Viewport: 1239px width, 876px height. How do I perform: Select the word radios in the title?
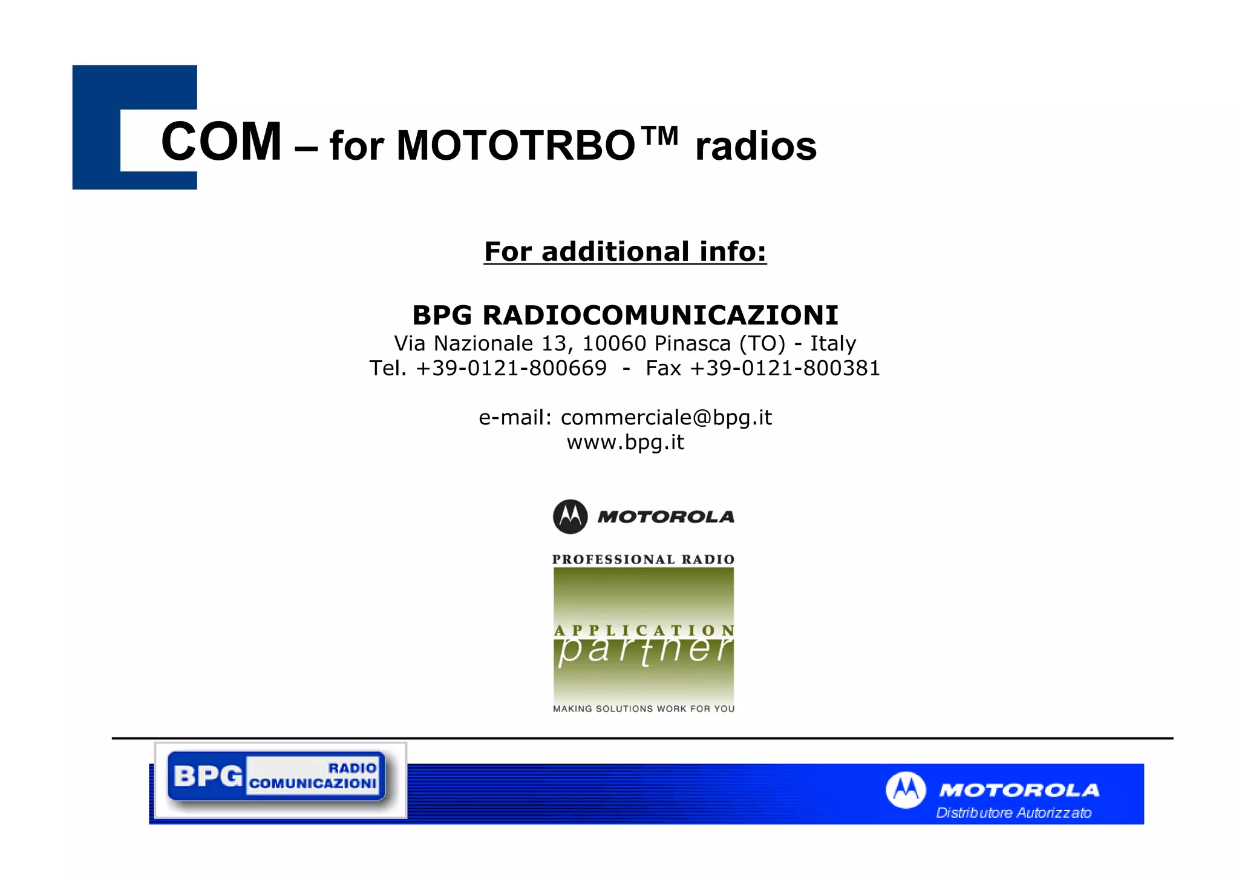756,147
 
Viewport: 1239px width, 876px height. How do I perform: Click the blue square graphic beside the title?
97,127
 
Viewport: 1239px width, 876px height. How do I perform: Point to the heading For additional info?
625,251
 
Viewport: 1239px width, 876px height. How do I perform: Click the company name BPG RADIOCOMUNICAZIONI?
625,315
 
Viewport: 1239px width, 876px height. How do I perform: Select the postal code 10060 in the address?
613,344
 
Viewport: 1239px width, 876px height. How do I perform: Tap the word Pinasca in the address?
692,344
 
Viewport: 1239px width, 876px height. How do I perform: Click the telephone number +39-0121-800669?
511,368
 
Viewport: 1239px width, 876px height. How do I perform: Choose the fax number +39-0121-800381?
785,368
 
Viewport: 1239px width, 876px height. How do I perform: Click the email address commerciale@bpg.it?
666,417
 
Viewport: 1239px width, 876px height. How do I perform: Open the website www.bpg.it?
625,442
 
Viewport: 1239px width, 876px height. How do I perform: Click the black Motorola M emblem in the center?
570,516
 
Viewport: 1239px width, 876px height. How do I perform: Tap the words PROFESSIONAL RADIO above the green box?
643,559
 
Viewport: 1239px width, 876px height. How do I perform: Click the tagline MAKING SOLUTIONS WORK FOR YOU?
643,708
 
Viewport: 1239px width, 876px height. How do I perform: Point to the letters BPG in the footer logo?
208,776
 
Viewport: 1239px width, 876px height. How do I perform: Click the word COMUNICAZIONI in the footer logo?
313,783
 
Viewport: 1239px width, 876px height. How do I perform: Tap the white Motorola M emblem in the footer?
905,789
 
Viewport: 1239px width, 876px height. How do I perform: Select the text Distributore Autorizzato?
1013,812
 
